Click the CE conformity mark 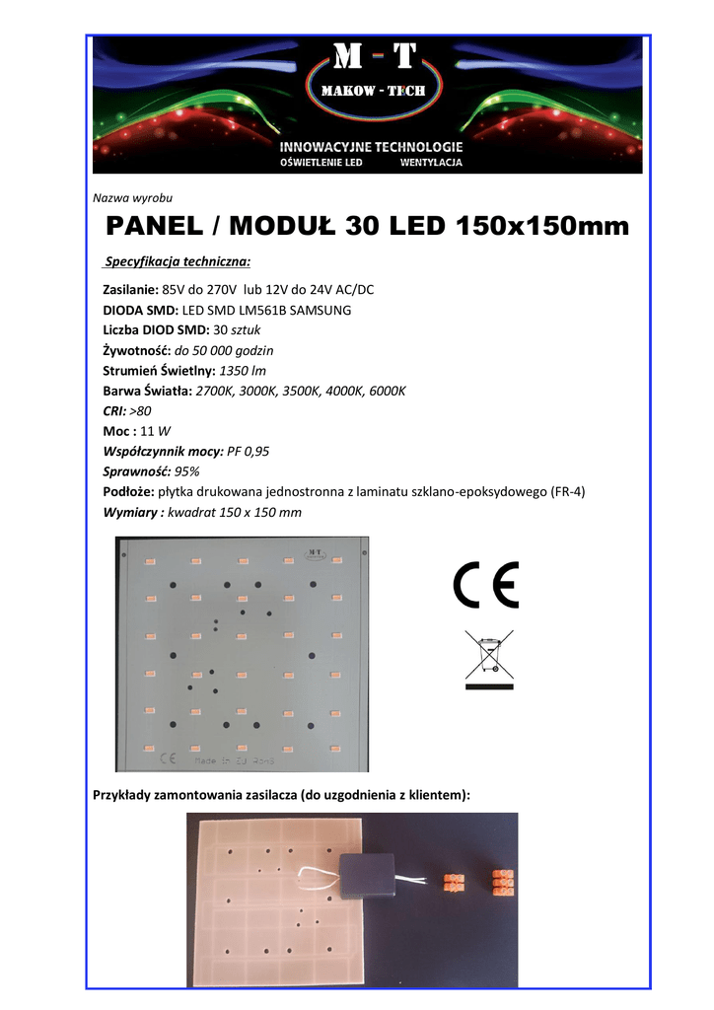pos(485,586)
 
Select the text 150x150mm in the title pos(542,227)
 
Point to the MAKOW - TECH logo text pos(367,91)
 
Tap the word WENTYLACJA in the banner pos(431,162)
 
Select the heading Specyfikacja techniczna pos(178,262)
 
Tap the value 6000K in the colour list pos(385,391)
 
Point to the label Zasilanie pos(131,289)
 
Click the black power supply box pos(366,875)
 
